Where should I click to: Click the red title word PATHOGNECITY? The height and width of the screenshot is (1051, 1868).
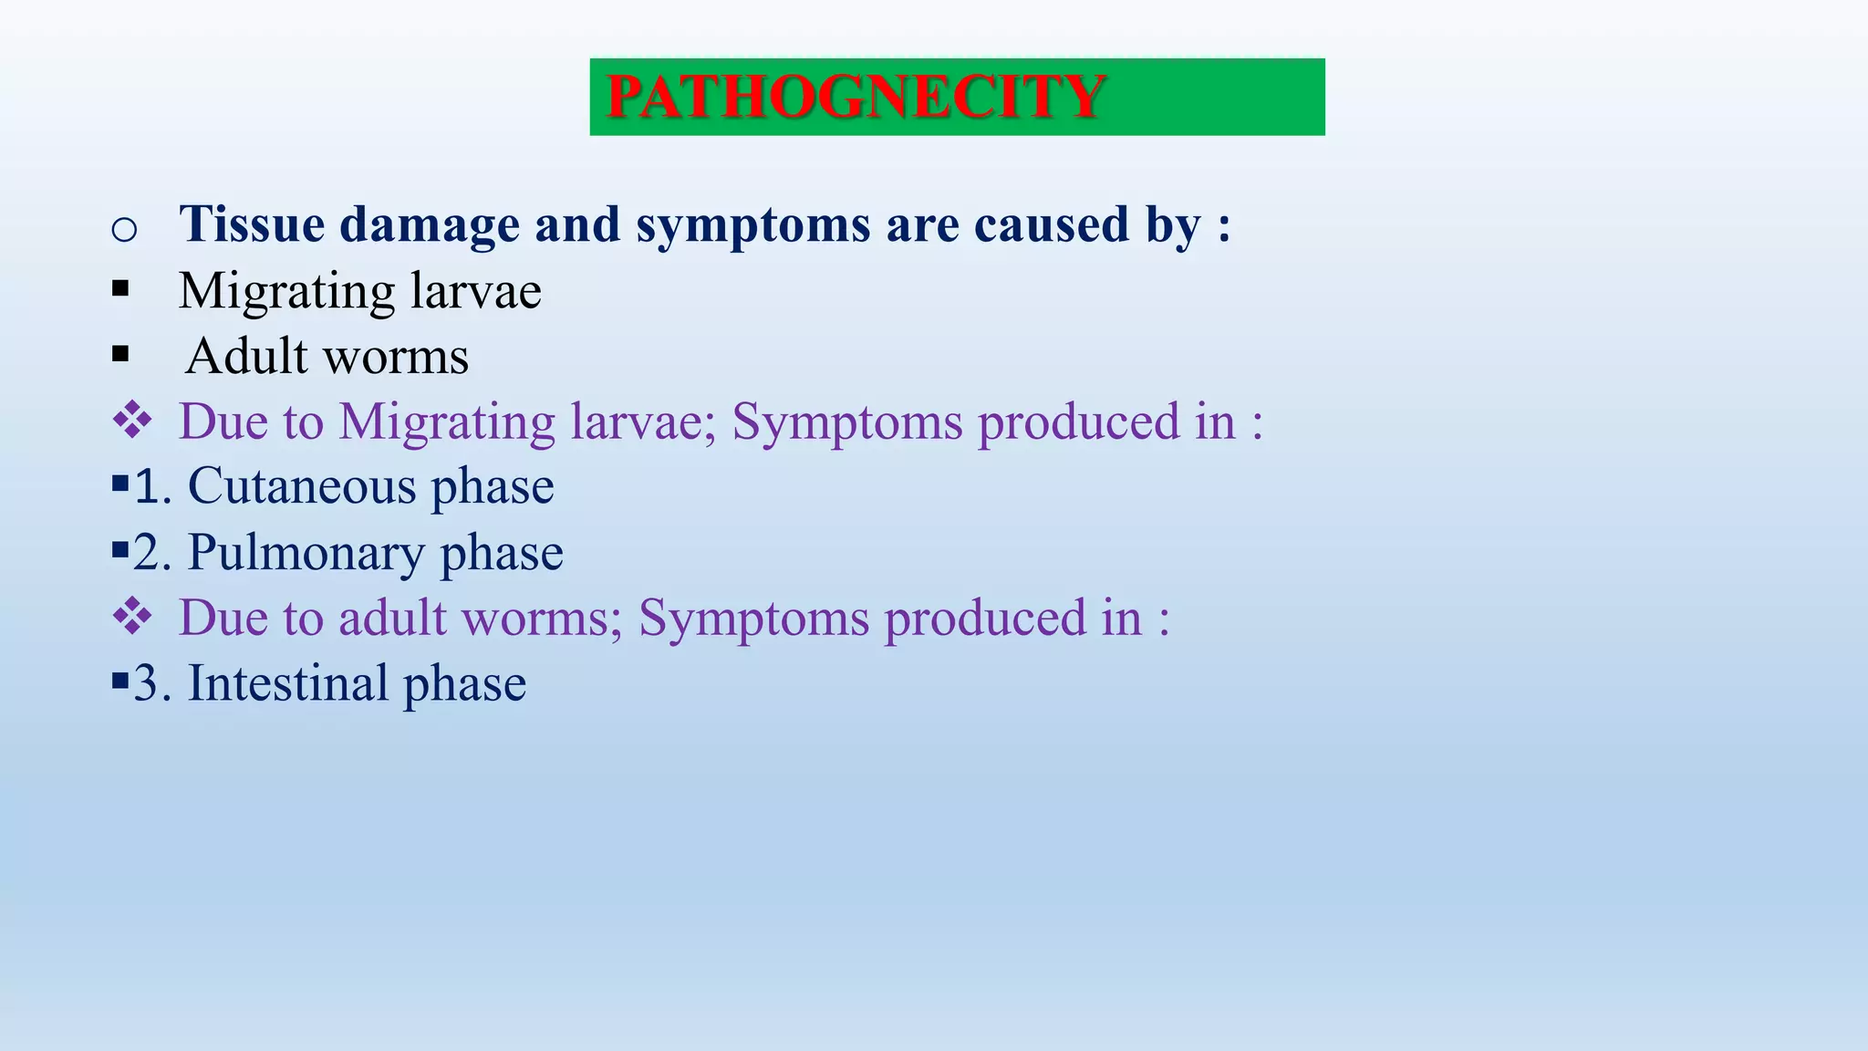pos(855,97)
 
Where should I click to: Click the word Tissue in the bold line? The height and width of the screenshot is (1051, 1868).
pos(252,224)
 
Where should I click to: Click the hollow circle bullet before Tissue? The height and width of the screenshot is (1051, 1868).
pos(124,228)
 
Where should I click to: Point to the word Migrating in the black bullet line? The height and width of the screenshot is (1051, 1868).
pos(286,292)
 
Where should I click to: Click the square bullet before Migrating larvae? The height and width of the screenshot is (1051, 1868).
pos(120,289)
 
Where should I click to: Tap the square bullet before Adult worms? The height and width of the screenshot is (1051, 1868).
pos(120,354)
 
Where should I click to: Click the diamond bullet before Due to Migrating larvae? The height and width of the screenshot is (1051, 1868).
pos(132,421)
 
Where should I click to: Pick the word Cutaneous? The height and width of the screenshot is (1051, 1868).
pos(302,486)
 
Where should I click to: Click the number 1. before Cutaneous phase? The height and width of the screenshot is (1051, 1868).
pos(152,486)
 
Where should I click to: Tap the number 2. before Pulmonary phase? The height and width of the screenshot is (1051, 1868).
pos(152,553)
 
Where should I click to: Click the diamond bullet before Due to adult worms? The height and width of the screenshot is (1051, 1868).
pos(132,617)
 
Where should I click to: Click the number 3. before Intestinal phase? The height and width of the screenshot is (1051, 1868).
pos(152,683)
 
